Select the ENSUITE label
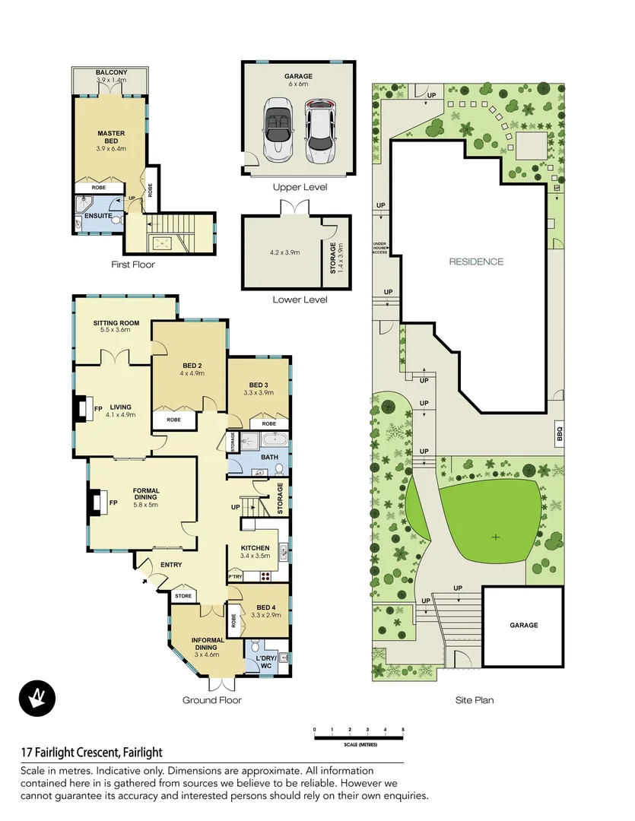(99, 216)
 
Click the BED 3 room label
(259, 385)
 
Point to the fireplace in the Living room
(81, 408)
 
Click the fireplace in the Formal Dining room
(96, 503)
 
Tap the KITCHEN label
(255, 547)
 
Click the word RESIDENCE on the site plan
(476, 262)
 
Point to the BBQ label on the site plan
(560, 434)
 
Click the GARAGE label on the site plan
(523, 625)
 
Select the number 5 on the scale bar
(403, 730)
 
